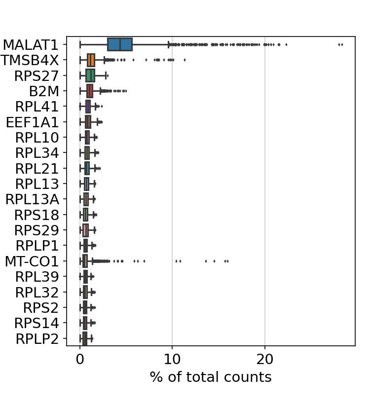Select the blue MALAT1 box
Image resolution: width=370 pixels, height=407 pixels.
(120, 44)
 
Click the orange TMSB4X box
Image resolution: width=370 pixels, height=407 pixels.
(91, 60)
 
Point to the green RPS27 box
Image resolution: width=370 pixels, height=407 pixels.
(90, 75)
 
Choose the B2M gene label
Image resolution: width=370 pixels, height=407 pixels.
(44, 91)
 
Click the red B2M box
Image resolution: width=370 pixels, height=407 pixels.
(89, 91)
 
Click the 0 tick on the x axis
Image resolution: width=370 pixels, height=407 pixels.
(80, 359)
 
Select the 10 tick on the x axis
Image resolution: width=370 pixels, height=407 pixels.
(172, 359)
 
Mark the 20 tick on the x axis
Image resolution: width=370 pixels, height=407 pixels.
(265, 359)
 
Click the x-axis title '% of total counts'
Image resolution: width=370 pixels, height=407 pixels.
(211, 377)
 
